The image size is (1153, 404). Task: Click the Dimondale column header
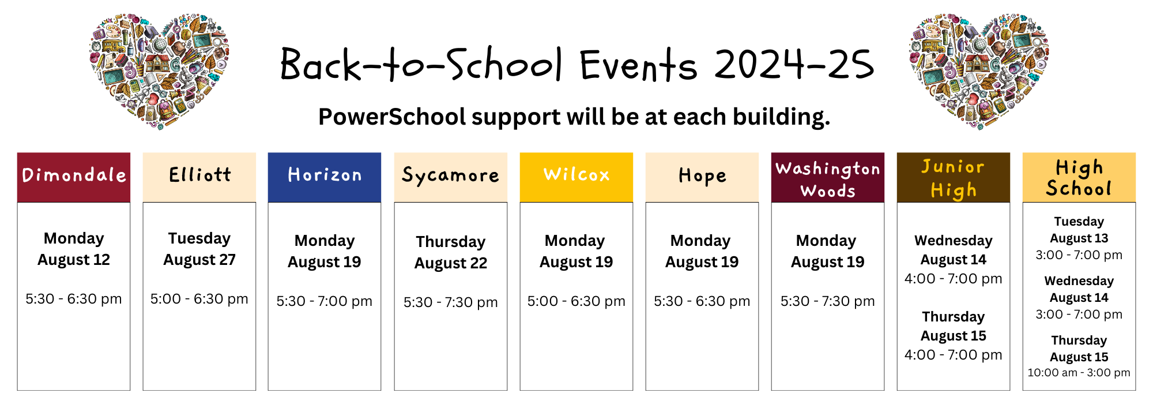tap(74, 177)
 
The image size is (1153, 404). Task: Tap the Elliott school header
tap(199, 177)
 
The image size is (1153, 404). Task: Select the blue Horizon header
tap(325, 177)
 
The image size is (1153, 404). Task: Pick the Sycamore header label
tap(451, 177)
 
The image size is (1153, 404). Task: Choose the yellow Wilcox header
tap(576, 177)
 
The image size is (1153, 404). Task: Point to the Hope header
tap(702, 177)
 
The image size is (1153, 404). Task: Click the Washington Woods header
tap(828, 177)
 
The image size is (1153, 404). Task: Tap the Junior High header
tap(954, 177)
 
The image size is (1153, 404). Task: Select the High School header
tap(1079, 177)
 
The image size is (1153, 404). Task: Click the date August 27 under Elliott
tap(199, 260)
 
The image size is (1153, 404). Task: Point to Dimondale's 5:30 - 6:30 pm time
tap(74, 299)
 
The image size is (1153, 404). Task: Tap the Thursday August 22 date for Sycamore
tap(451, 252)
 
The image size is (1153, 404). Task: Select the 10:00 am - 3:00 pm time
tap(1079, 373)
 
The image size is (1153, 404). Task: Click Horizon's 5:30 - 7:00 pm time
tap(325, 301)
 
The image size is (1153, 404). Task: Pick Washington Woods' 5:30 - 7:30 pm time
tap(828, 301)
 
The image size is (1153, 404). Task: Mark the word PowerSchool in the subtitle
tap(392, 117)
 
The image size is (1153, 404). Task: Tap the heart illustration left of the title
tap(159, 70)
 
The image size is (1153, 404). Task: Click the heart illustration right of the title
tap(979, 70)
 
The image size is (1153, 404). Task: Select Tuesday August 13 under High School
tap(1079, 230)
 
